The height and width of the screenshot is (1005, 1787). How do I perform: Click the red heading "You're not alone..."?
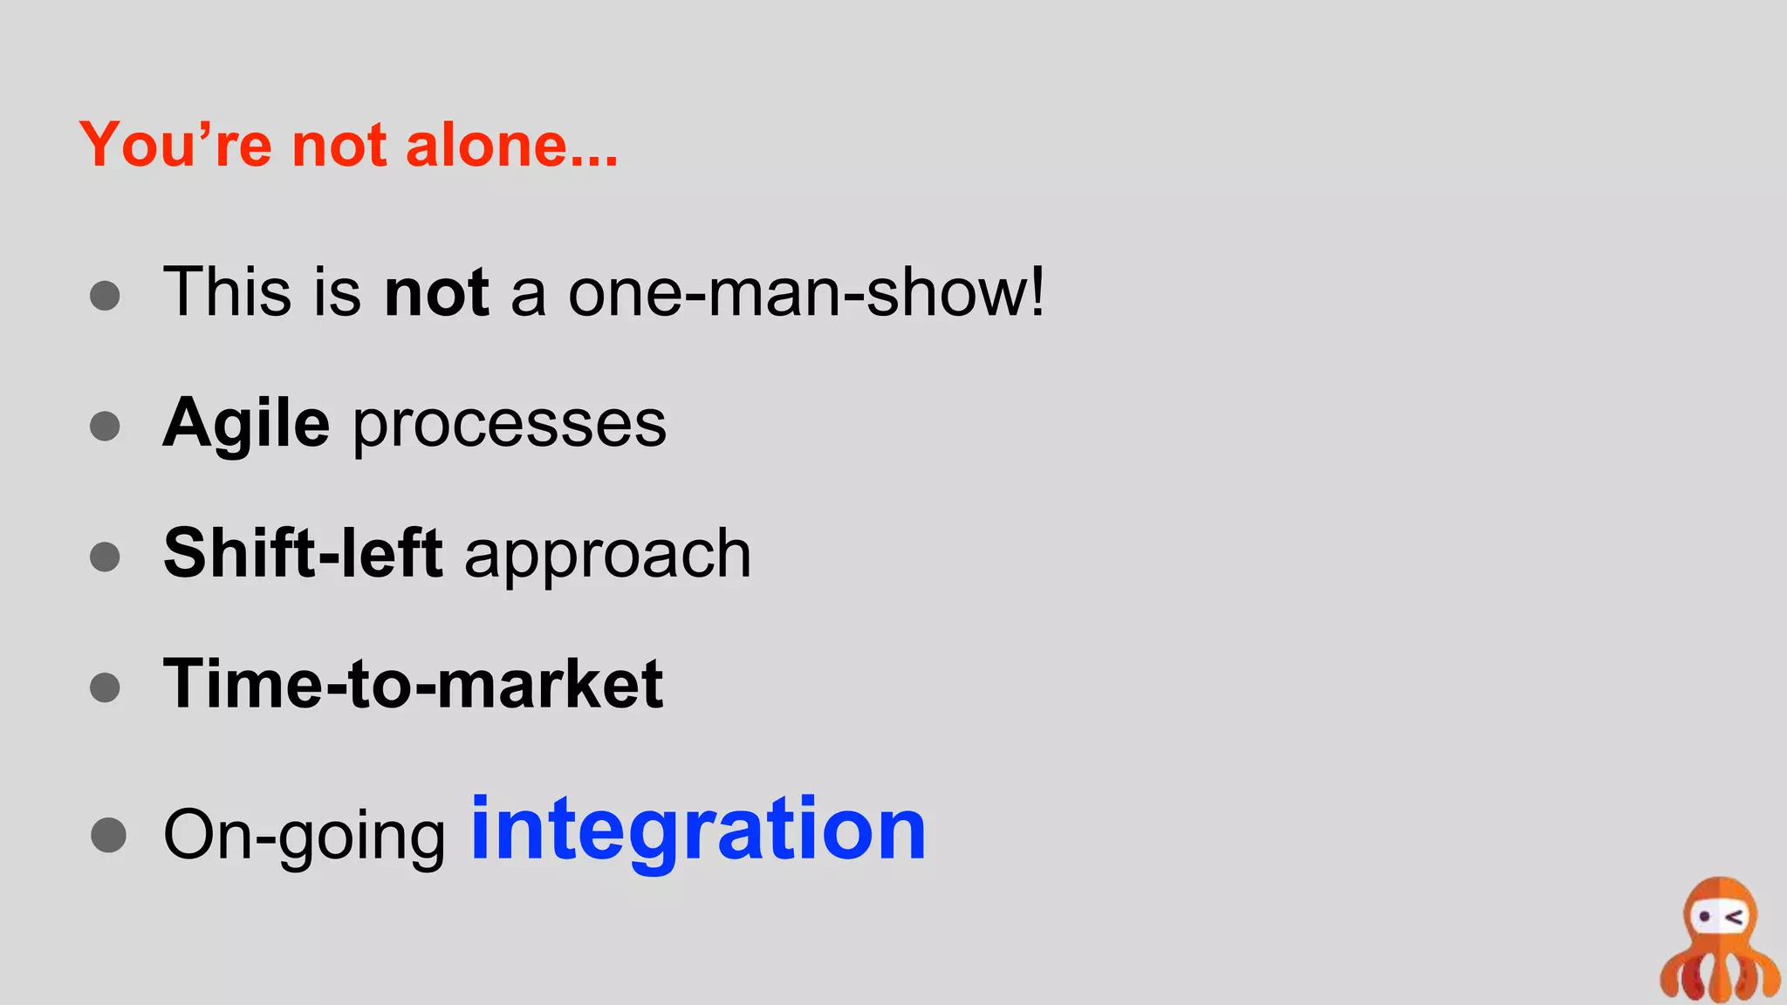348,144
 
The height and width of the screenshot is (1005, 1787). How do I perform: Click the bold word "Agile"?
247,424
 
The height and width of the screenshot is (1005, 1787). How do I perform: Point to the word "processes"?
510,426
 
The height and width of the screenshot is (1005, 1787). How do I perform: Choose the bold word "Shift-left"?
303,553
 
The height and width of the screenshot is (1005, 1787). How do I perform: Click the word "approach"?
607,557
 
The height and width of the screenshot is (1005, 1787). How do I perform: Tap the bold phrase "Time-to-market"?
413,684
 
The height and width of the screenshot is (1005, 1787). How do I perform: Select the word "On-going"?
305,836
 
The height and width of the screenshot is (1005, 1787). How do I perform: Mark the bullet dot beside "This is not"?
105,295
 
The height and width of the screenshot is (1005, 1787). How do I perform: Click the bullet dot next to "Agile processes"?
105,426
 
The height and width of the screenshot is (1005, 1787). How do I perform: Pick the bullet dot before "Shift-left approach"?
105,557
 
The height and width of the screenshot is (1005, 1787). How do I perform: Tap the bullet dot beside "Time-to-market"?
105,687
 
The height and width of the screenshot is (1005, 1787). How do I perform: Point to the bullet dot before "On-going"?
108,835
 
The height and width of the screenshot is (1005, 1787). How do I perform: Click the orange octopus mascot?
1719,942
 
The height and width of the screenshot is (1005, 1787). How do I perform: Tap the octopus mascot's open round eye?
1703,917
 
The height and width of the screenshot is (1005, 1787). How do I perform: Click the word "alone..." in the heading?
512,144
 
